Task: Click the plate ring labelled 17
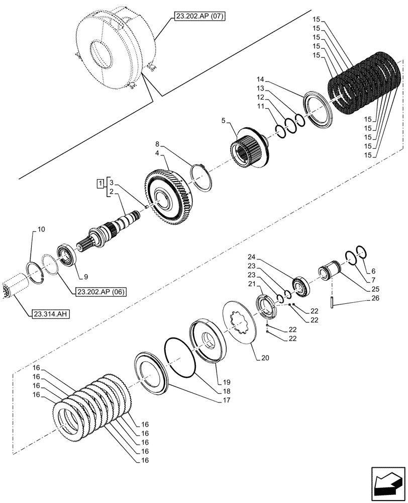[151, 375]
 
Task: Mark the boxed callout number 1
[101, 182]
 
